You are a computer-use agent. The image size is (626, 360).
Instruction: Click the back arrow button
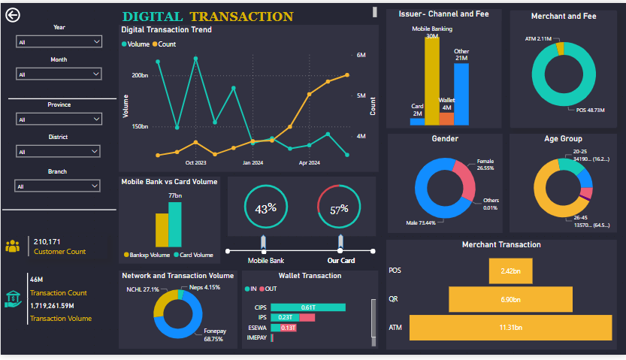(x=13, y=16)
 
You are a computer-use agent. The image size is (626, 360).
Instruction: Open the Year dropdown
(x=59, y=43)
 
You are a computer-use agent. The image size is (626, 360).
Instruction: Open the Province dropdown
(x=59, y=119)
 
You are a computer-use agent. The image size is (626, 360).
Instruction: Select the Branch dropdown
(x=59, y=186)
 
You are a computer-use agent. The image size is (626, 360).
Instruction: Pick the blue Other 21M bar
(x=461, y=93)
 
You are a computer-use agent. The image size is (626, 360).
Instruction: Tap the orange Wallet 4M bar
(x=446, y=118)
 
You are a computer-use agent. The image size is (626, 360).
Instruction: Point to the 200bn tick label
(x=139, y=76)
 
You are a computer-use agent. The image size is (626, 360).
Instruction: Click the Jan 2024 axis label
(x=253, y=162)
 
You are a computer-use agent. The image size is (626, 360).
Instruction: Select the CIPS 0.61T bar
(x=308, y=307)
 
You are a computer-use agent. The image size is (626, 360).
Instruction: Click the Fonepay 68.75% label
(x=214, y=335)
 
